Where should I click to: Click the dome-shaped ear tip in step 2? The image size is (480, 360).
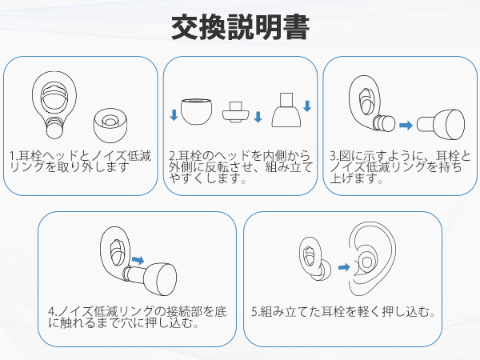point(197,112)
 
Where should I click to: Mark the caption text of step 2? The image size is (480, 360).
point(238,166)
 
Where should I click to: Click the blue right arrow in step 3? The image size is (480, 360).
point(406,125)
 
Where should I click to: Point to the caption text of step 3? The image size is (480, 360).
point(400,167)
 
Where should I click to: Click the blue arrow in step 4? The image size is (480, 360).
point(137,259)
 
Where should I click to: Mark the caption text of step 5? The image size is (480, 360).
point(345,313)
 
